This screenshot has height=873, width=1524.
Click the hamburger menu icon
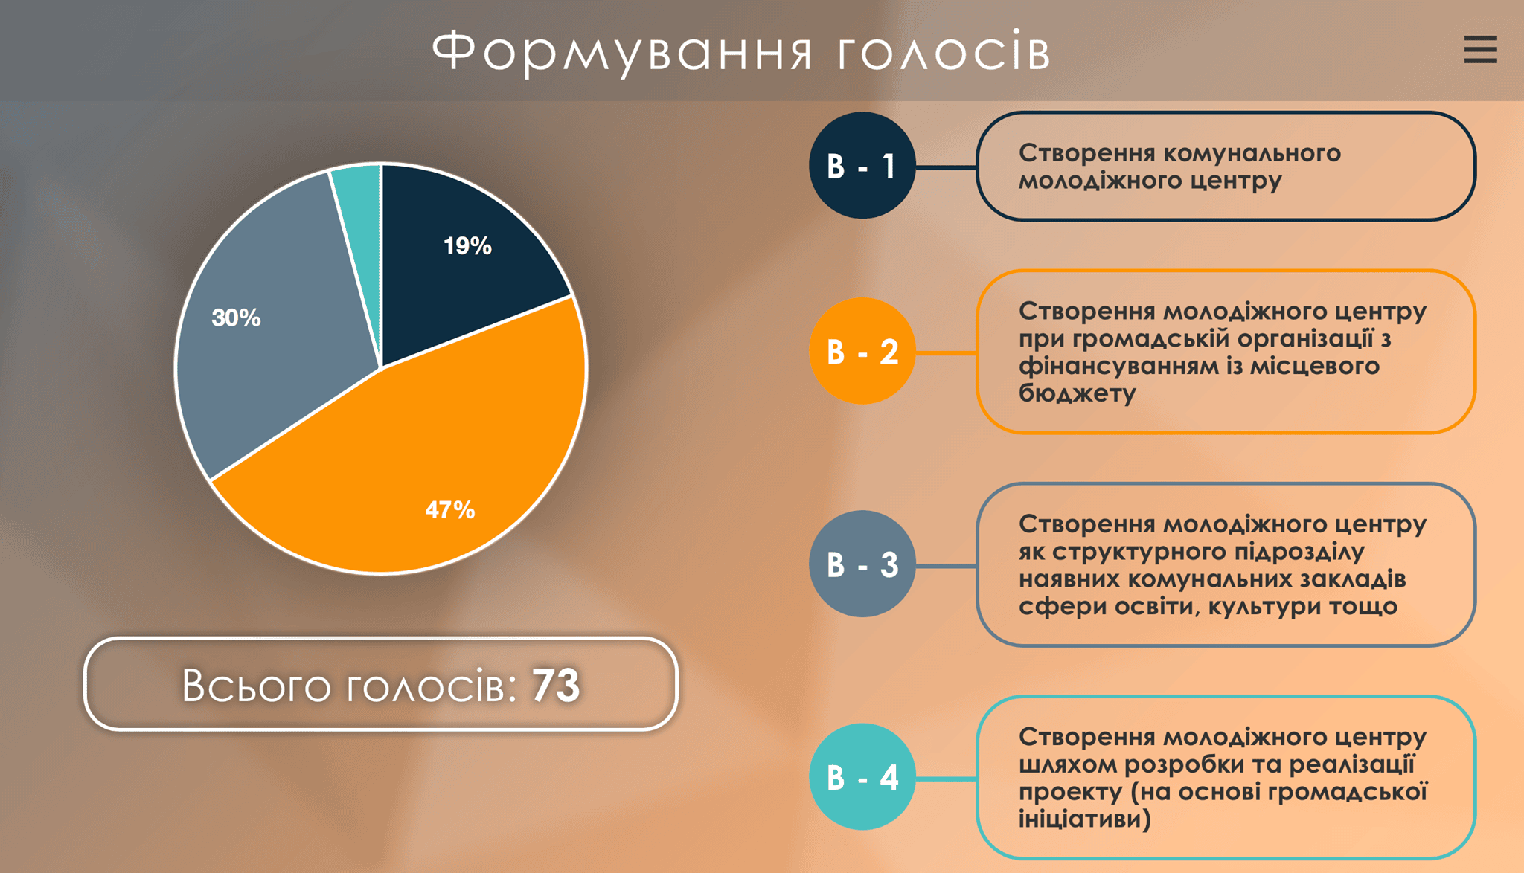tap(1480, 50)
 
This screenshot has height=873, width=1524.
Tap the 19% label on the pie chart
tap(467, 246)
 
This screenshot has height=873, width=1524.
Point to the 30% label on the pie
tap(236, 318)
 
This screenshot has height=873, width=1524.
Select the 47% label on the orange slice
tap(449, 510)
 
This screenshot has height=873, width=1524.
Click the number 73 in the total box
tap(556, 685)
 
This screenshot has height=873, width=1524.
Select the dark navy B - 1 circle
tap(862, 165)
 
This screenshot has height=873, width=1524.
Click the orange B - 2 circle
tap(862, 351)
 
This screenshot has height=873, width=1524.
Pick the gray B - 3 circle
tap(862, 564)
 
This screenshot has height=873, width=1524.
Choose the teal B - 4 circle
tap(862, 777)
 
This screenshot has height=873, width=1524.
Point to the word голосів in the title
tap(944, 52)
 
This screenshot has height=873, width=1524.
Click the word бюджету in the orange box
tap(1077, 393)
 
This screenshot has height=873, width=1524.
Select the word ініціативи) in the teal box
tap(1085, 819)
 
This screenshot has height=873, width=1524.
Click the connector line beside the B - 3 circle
tap(946, 566)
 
